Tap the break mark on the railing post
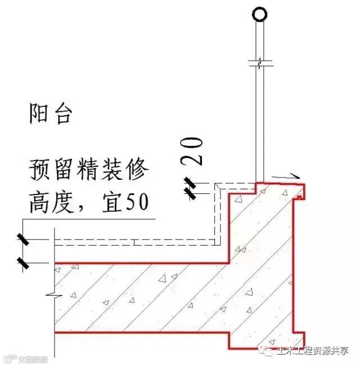(x=259, y=62)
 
